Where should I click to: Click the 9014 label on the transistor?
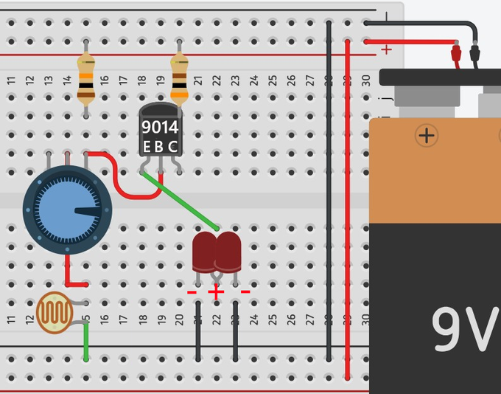[x=160, y=128]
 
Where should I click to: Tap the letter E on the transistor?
[x=147, y=146]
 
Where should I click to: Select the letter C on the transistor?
[x=173, y=146]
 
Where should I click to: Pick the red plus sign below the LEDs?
[x=215, y=292]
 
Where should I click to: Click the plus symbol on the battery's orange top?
[x=427, y=135]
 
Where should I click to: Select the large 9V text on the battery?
[x=463, y=329]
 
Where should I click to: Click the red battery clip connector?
[x=456, y=54]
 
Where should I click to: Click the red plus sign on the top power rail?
[x=386, y=50]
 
